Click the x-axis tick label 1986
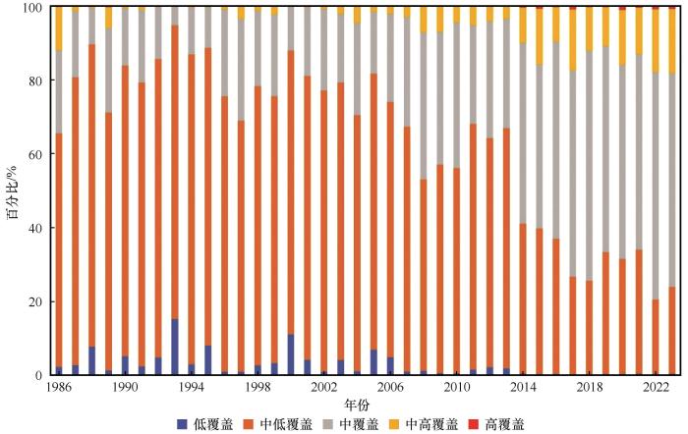pos(58,389)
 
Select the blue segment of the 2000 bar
pos(291,354)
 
